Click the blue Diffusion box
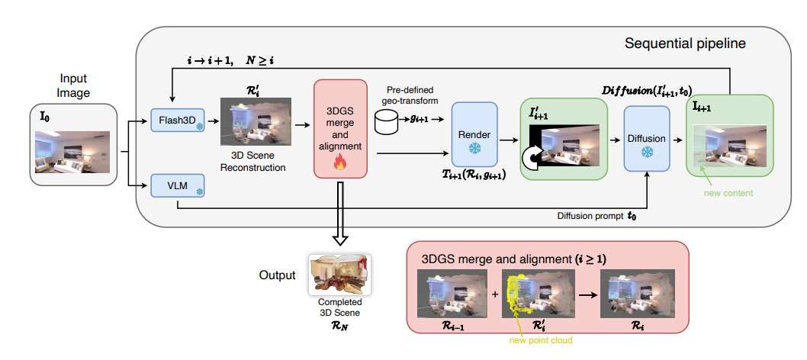click(x=646, y=139)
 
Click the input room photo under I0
click(x=72, y=152)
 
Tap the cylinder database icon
click(x=387, y=120)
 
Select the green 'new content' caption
click(x=728, y=192)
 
